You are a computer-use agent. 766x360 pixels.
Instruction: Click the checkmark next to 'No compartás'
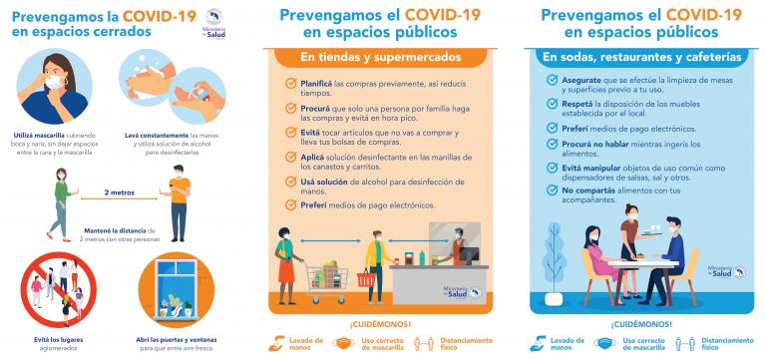tap(551, 188)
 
